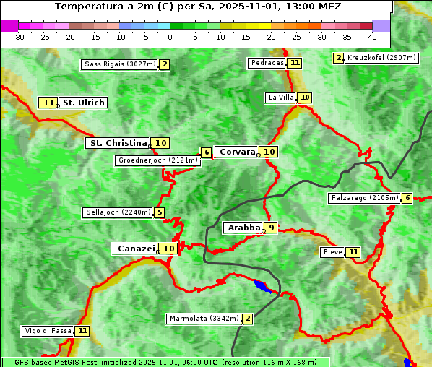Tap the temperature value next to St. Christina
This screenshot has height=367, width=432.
[x=160, y=143]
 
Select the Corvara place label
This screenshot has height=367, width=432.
[x=237, y=152]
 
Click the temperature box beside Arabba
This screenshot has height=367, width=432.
[x=270, y=228]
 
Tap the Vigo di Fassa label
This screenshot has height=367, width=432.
[x=48, y=331]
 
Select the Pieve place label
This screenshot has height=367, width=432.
[x=332, y=252]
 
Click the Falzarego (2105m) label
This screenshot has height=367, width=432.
[x=364, y=198]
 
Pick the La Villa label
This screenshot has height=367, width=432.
[x=280, y=98]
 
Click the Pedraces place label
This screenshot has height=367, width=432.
[x=267, y=63]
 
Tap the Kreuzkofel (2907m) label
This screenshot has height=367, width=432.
[x=381, y=58]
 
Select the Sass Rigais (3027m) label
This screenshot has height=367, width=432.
[x=120, y=64]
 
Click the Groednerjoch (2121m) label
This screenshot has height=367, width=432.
[x=157, y=160]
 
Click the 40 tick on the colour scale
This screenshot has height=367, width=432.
[x=372, y=37]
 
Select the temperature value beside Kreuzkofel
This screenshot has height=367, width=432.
[x=338, y=58]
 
